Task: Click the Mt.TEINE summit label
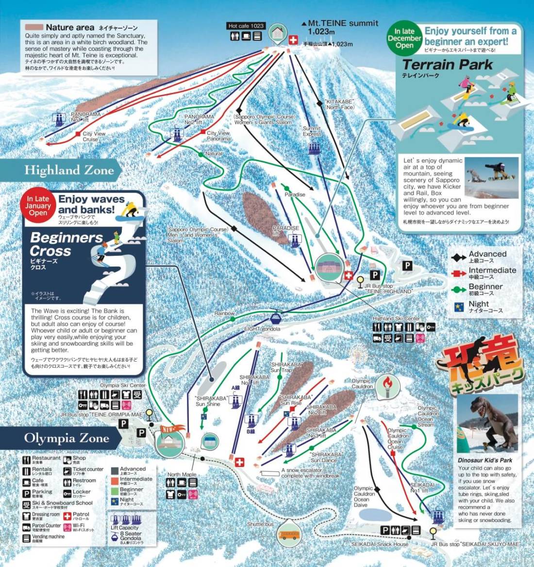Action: (343, 23)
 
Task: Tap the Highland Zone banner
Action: (69, 170)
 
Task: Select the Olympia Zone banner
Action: (67, 438)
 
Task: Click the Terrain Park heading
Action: (447, 65)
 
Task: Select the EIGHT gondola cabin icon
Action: (276, 319)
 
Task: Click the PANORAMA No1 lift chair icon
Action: (60, 118)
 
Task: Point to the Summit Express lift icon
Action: (313, 147)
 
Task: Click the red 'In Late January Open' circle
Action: (38, 206)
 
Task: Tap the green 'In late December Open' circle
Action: (404, 38)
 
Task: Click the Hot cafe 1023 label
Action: (246, 26)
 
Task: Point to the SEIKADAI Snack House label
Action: (380, 544)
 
